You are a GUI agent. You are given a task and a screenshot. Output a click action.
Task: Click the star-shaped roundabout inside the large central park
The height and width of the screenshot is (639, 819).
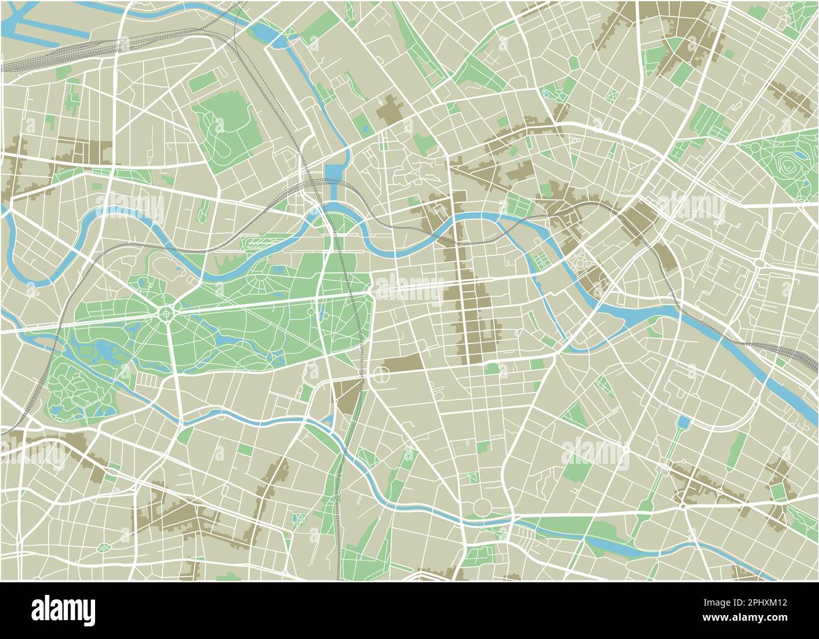tap(166, 311)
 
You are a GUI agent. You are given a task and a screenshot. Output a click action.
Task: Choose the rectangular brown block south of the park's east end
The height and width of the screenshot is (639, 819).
tap(404, 363)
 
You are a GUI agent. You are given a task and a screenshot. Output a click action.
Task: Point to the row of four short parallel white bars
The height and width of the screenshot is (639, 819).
tap(149, 380)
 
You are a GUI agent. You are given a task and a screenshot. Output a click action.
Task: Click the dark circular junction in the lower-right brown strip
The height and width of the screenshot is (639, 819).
tap(683, 505)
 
